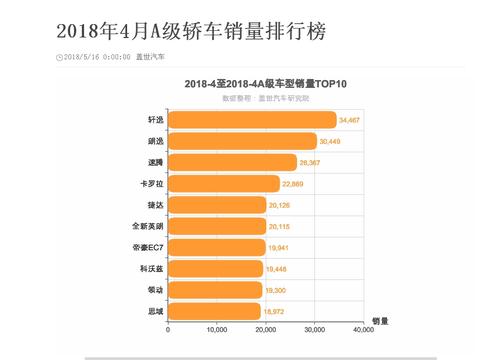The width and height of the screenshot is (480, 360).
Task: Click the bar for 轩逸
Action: [252, 120]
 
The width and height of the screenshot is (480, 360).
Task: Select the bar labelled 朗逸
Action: [242, 141]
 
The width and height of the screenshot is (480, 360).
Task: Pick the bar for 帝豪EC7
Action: [216, 247]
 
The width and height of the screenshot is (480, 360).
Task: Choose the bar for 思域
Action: [214, 311]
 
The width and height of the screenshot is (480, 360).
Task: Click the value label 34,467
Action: [350, 120]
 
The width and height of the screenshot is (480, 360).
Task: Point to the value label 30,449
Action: [331, 141]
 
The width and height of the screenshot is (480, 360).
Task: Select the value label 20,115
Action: [280, 226]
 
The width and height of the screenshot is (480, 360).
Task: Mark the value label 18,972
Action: [275, 311]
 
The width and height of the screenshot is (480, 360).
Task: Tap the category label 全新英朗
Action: [145, 226]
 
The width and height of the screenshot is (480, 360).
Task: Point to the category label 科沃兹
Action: [150, 269]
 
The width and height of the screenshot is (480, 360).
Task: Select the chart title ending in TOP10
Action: [265, 86]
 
